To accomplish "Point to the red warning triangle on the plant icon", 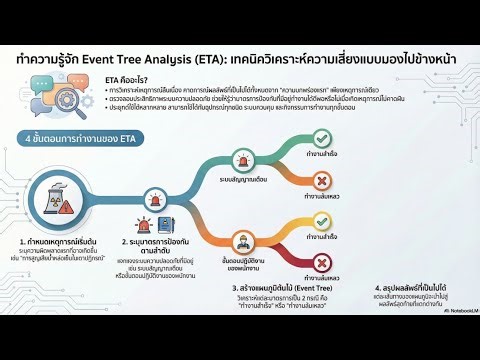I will tap(62, 212).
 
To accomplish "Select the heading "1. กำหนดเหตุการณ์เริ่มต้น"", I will tap(56, 270).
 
